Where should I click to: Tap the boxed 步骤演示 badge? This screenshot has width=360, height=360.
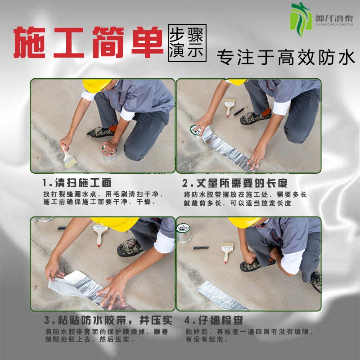click(187, 43)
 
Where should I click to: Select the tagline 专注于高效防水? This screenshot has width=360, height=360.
click(286, 58)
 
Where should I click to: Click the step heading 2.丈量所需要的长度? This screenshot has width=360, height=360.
click(235, 183)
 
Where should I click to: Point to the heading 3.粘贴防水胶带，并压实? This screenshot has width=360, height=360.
click(108, 320)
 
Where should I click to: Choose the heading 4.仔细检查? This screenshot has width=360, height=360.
click(214, 320)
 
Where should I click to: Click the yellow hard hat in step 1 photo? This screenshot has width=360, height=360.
click(95, 85)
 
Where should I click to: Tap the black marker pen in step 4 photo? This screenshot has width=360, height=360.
click(201, 247)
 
